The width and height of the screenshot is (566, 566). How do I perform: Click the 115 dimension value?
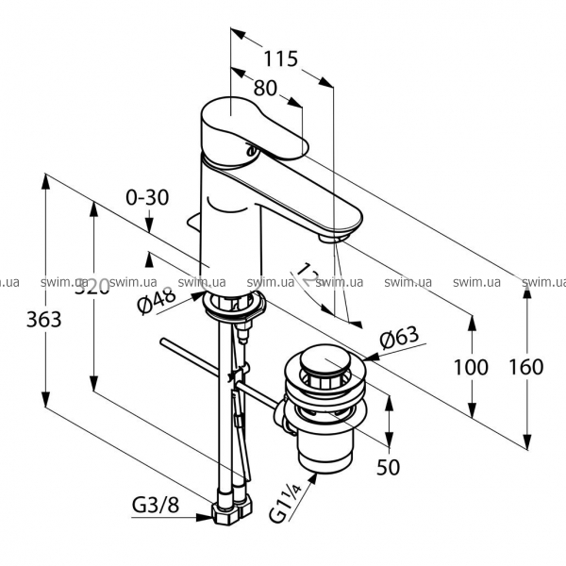(280, 58)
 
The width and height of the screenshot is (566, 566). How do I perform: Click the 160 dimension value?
(524, 367)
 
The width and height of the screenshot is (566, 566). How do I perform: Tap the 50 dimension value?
(389, 465)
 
